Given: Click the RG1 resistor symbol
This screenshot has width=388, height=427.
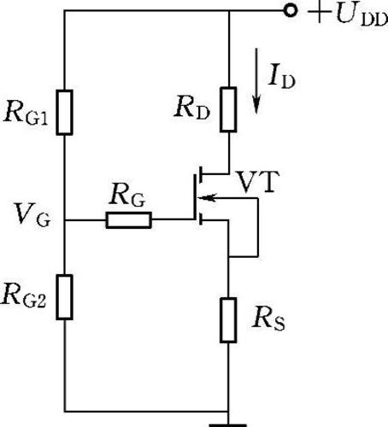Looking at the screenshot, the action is point(64,112).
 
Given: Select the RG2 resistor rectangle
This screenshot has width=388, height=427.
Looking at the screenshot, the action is point(64,297).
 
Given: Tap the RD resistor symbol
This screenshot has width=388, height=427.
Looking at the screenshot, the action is point(228,109).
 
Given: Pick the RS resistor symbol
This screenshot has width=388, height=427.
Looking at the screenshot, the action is point(228,320).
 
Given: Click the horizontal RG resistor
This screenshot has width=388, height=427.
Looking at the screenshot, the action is point(129,220).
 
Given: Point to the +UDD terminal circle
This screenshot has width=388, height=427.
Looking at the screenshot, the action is point(291,11).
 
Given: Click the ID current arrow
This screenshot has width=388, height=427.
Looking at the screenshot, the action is point(256,81).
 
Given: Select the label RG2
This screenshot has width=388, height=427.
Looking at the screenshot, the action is point(23,297).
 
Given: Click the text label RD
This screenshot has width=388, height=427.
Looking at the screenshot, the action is point(192,108).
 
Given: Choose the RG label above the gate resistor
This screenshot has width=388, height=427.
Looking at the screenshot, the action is point(127,195).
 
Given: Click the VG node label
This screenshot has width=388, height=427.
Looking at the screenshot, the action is point(32,214).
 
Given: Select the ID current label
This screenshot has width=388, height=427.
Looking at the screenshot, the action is point(281,78).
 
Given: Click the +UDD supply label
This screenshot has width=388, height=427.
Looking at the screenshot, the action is point(348,15).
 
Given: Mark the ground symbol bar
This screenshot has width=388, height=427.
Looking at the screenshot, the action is point(228,425).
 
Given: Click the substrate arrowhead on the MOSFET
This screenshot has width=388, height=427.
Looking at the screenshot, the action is point(208,197).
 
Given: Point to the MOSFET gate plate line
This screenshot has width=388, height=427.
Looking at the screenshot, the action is point(195,197).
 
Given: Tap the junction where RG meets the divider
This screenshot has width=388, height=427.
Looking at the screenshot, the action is point(65,220).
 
